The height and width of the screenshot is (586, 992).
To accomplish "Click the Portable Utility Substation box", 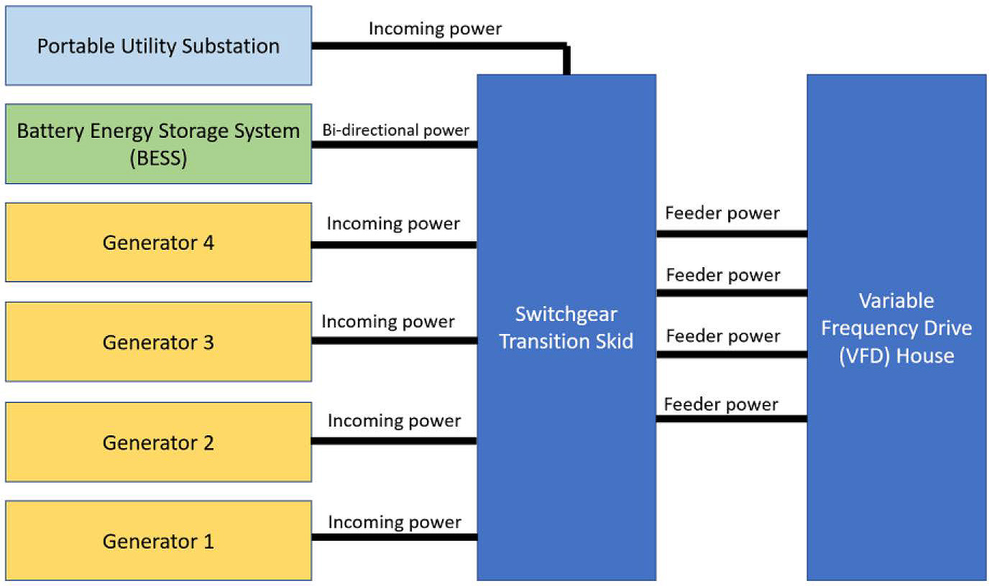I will click(158, 46).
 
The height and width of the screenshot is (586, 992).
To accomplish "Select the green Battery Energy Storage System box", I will click(158, 144).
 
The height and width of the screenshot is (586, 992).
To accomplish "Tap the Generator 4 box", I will click(158, 243).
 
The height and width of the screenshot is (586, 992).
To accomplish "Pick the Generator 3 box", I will click(158, 342).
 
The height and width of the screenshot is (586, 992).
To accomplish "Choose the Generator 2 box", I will click(158, 442).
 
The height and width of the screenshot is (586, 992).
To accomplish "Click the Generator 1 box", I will click(158, 541).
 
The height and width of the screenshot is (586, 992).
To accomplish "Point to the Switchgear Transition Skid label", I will click(566, 327).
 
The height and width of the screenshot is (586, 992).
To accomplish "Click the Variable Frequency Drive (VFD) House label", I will click(896, 328).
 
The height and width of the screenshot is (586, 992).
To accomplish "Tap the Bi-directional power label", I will click(396, 130).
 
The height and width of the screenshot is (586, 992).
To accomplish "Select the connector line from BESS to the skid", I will click(394, 144).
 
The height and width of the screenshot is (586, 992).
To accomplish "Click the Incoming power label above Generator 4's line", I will click(393, 223).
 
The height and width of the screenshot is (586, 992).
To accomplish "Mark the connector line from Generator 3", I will click(394, 340).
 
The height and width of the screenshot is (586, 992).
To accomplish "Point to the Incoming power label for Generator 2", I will click(394, 420).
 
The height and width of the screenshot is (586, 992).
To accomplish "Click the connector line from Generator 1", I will click(394, 537).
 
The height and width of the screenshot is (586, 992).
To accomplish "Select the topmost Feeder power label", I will click(722, 213).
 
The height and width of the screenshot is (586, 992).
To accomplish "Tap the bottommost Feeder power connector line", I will click(731, 419).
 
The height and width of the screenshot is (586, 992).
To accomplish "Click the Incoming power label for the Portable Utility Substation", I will click(435, 29).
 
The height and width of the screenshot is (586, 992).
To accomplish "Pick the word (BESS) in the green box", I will click(158, 157).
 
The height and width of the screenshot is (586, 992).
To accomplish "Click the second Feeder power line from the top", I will click(731, 293).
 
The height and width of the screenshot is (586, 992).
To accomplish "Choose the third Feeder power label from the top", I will click(723, 336).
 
